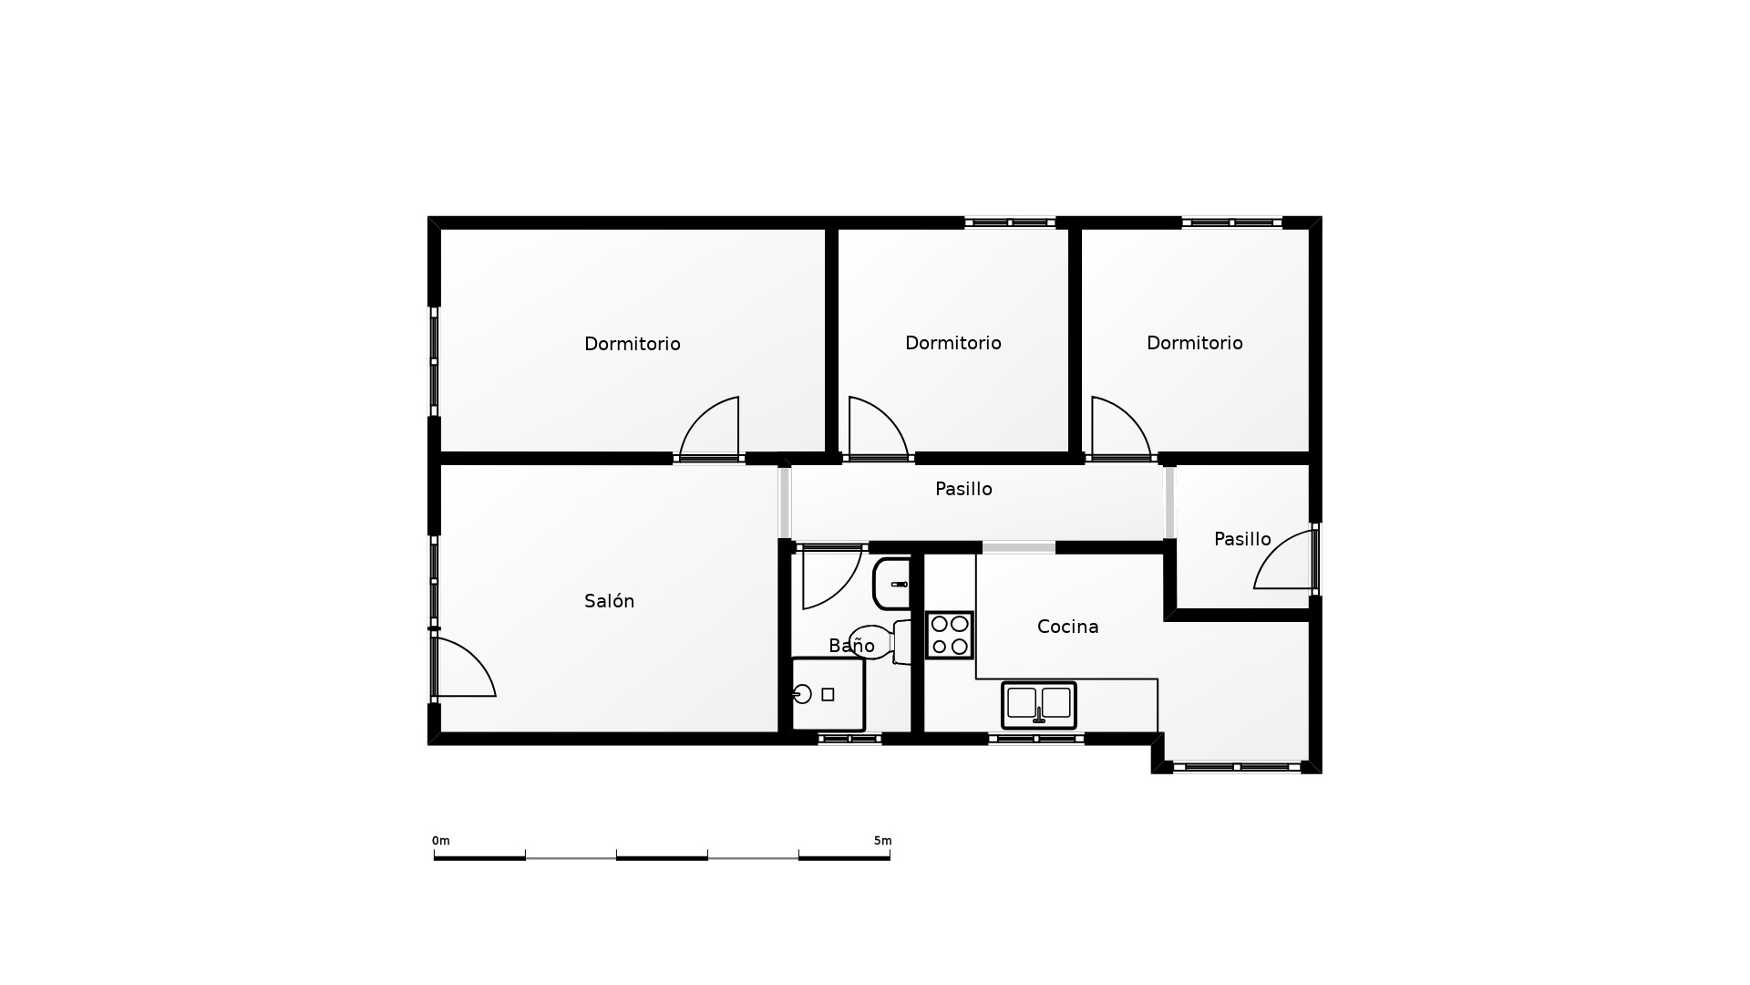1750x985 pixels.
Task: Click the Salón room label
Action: point(609,601)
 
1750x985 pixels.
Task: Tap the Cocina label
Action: point(1067,627)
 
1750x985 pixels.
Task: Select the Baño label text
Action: point(851,646)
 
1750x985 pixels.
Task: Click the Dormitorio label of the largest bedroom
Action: point(632,344)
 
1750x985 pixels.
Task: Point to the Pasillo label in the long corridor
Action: point(963,489)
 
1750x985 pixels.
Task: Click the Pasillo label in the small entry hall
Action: point(1242,539)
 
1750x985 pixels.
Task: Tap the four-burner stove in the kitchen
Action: point(950,635)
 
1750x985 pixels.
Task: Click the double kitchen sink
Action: point(1039,705)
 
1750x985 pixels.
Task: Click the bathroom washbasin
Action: point(891,584)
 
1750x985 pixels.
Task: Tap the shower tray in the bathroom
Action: point(828,694)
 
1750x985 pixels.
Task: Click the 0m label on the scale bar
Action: point(440,841)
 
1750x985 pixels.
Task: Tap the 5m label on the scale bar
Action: point(882,841)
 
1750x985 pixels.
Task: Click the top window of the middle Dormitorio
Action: point(1010,222)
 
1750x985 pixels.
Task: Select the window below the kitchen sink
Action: point(1036,739)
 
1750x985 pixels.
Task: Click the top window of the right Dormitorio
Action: point(1232,222)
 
